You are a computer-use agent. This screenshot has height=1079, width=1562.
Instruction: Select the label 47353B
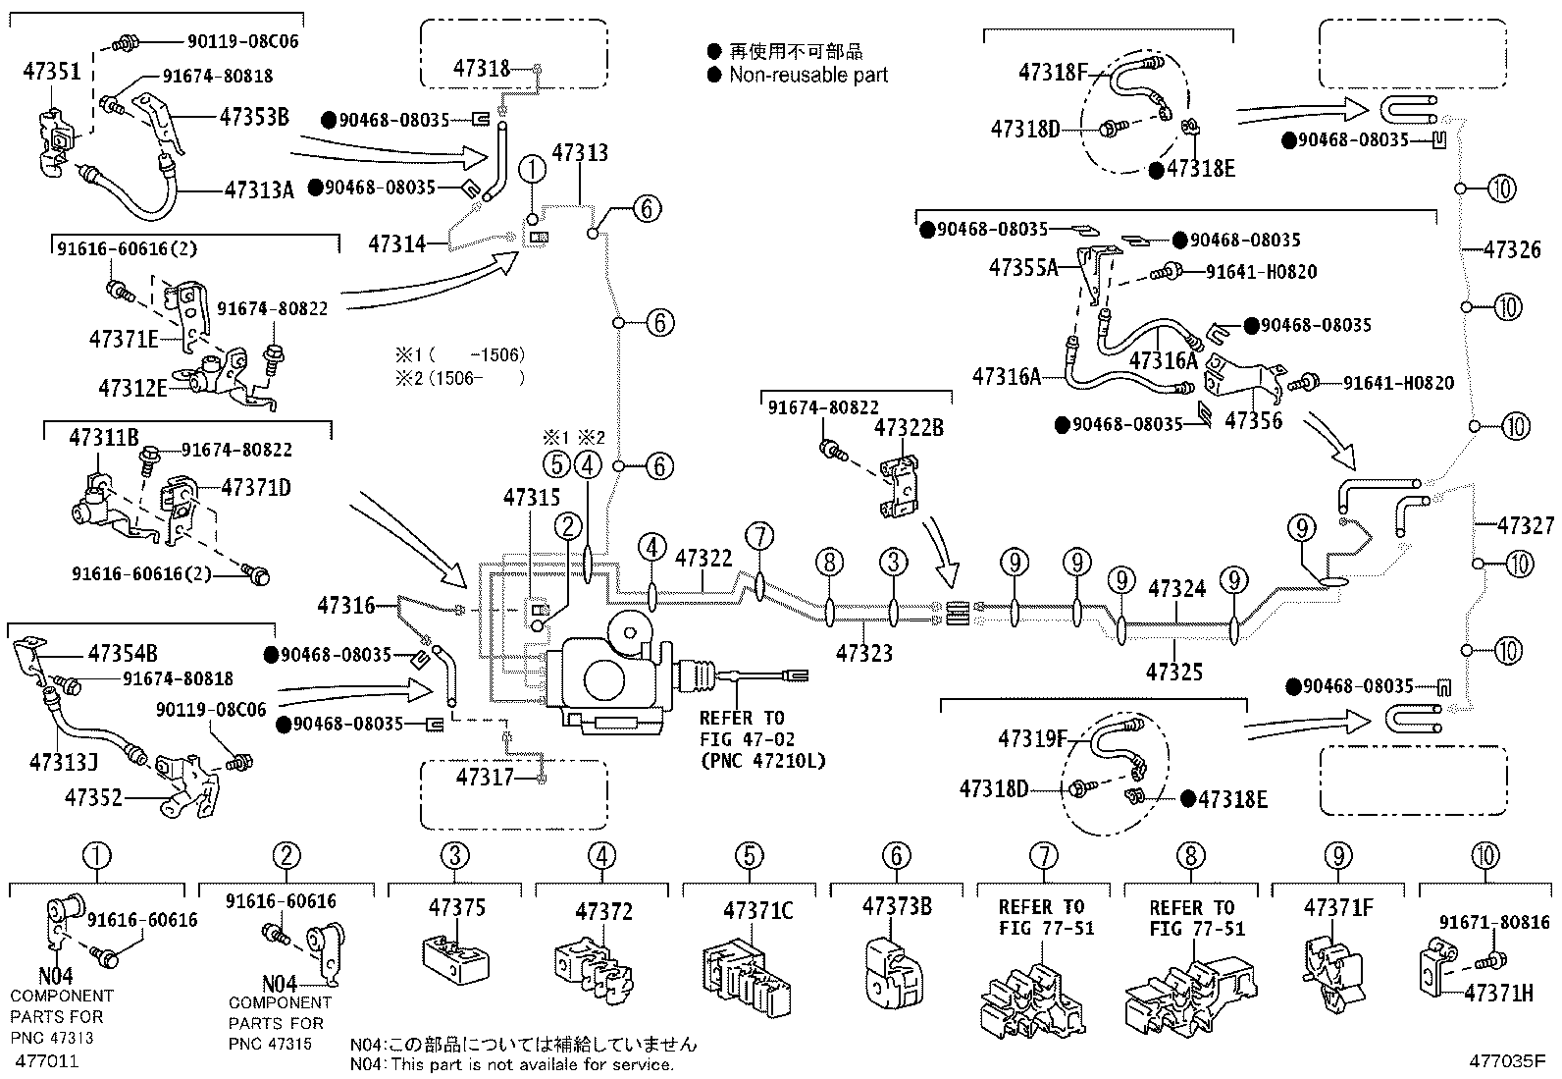(254, 117)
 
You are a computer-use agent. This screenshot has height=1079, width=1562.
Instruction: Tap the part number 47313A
(259, 189)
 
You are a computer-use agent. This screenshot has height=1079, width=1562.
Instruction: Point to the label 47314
(397, 243)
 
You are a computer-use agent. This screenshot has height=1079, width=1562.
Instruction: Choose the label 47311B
(104, 438)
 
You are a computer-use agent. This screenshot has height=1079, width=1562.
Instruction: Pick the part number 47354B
(123, 654)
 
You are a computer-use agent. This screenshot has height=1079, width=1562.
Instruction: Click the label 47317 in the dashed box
(486, 778)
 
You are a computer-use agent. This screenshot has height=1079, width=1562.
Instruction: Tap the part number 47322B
(909, 428)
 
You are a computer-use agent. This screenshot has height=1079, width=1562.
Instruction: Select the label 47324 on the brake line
(1176, 589)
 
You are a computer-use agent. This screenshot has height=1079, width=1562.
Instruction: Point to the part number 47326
(1512, 249)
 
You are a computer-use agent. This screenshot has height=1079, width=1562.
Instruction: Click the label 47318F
(1054, 72)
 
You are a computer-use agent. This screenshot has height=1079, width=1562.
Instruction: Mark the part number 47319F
(1032, 738)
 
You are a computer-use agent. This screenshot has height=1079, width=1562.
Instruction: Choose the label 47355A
(1023, 267)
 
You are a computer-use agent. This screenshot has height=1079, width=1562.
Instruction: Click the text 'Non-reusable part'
(808, 75)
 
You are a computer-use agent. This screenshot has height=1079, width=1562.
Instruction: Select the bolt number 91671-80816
(1494, 922)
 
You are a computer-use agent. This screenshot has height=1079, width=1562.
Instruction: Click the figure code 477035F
(1507, 1061)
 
